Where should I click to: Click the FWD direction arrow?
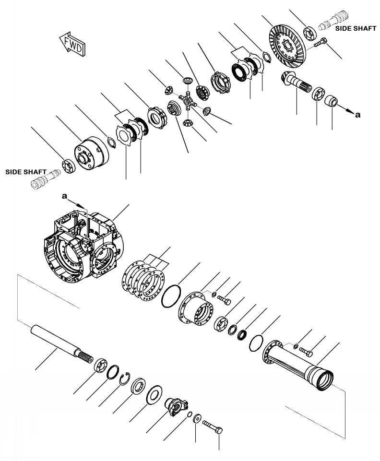[71, 45]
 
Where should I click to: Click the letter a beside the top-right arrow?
[356, 115]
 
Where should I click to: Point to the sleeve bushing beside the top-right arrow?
[330, 102]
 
